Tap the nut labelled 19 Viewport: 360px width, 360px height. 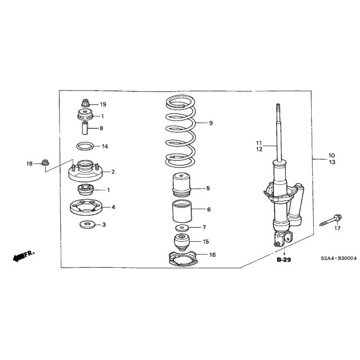pyautogui.click(x=85, y=103)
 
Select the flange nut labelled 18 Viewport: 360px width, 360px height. pyautogui.click(x=45, y=163)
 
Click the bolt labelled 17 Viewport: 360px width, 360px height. pyautogui.click(x=331, y=220)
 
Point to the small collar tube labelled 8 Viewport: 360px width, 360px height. pyautogui.click(x=85, y=128)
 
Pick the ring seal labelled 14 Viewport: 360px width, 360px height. pyautogui.click(x=85, y=146)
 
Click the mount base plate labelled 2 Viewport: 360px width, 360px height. pyautogui.click(x=85, y=171)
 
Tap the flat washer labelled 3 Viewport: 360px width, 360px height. pyautogui.click(x=87, y=224)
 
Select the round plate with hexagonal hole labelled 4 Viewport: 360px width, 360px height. pyautogui.click(x=86, y=208)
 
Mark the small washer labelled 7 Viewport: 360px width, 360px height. pyautogui.click(x=182, y=228)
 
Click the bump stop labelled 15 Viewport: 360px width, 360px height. pyautogui.click(x=182, y=242)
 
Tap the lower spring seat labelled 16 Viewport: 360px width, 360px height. pyautogui.click(x=183, y=259)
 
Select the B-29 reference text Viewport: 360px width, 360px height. pyautogui.click(x=283, y=260)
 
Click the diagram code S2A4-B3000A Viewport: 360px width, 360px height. pyautogui.click(x=339, y=258)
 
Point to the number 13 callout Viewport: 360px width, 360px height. pyautogui.click(x=332, y=162)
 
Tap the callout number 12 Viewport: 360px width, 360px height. pyautogui.click(x=259, y=149)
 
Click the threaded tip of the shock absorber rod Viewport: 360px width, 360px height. pyautogui.click(x=278, y=109)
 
